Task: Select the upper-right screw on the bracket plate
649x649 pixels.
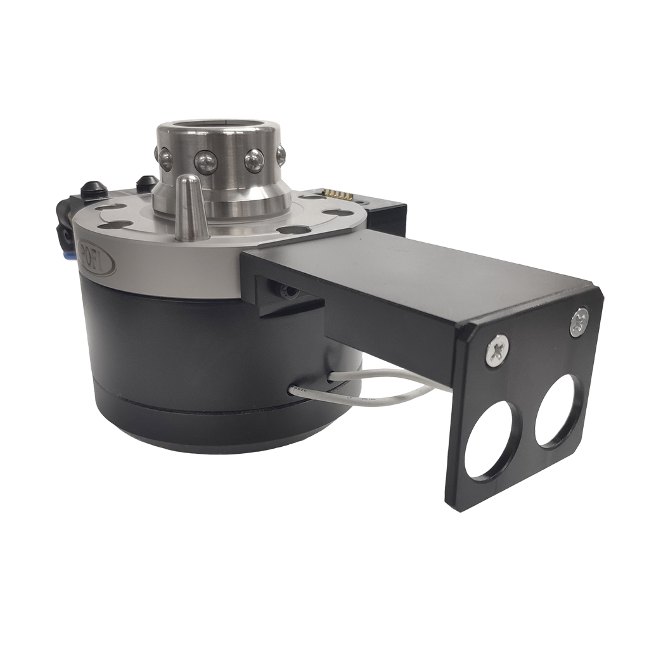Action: pos(578,321)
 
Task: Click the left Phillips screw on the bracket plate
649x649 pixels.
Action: pos(497,350)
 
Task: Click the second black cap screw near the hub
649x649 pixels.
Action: pos(147,183)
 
